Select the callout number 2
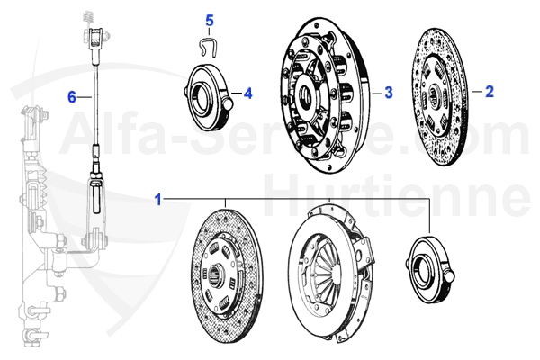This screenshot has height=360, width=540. pos(490,92)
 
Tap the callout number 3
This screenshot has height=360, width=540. pos(389,92)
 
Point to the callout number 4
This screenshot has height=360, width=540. pos(247,92)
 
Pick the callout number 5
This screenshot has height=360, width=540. pos(210,20)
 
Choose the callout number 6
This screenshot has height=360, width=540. pos(71,94)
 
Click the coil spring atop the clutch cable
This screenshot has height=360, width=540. pos(90,17)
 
